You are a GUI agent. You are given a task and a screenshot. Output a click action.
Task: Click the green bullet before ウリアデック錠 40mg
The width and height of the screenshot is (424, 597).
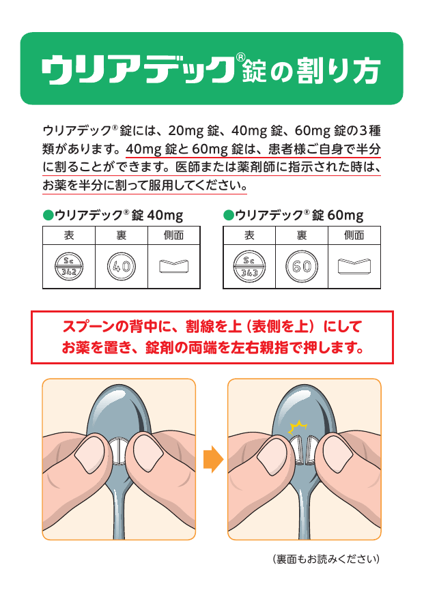coord(48,215)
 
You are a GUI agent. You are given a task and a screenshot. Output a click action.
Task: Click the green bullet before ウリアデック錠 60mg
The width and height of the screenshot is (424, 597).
coord(229,215)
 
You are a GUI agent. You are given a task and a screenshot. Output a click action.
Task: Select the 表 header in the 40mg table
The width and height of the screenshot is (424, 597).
coord(69,235)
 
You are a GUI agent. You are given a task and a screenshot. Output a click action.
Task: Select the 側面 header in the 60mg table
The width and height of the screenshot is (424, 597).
coord(354,235)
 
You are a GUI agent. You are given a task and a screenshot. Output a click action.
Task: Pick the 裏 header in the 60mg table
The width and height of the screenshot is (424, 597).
coord(302,235)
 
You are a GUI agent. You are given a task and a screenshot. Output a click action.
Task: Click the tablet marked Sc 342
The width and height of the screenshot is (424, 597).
coord(69,266)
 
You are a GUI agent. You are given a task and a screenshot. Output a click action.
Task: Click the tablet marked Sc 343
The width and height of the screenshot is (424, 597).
coord(249,266)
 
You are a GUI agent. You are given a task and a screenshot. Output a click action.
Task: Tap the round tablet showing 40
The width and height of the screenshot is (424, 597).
coord(121,266)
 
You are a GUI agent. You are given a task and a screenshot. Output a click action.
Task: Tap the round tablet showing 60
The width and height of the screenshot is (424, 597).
coord(302,266)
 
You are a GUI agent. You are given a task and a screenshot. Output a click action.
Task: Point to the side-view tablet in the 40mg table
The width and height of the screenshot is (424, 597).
coord(173,266)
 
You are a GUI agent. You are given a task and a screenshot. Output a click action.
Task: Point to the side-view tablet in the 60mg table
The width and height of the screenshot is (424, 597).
coord(354,266)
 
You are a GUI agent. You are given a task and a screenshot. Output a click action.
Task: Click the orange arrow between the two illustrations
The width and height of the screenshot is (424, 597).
coord(213,459)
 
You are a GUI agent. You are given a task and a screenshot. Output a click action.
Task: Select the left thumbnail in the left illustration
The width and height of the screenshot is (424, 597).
coord(89,454)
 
